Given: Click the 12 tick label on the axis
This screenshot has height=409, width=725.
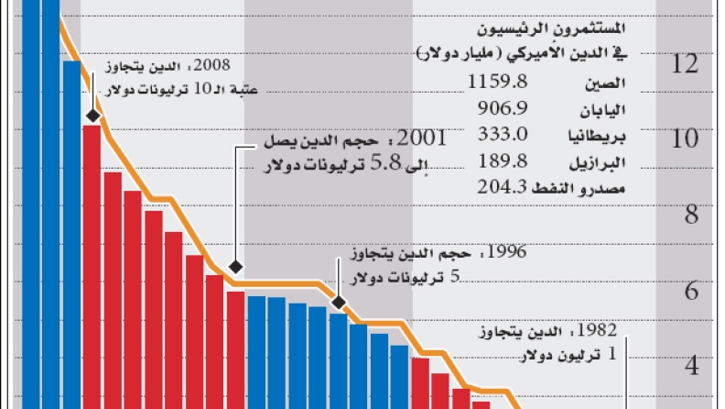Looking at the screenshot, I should (x=686, y=65).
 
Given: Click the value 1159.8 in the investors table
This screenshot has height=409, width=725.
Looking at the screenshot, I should (x=498, y=83).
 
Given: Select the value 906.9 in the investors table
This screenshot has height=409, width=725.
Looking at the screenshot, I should (x=503, y=108).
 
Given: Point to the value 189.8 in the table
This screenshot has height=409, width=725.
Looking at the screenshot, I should (x=503, y=161).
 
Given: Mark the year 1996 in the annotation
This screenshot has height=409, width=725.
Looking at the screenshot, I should (x=508, y=251).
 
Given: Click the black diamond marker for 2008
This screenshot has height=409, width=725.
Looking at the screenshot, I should (x=93, y=116).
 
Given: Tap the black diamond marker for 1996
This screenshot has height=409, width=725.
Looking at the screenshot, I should (x=339, y=302).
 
